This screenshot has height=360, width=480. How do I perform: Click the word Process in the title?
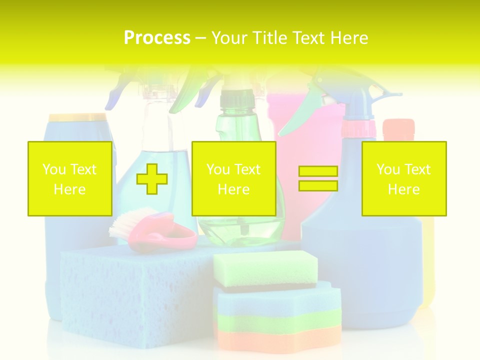[157, 38]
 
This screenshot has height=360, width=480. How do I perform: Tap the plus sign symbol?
[152, 178]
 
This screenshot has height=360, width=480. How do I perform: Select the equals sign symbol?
[318, 178]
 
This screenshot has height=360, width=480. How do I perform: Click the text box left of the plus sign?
[70, 178]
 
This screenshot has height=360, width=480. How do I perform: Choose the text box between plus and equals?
[233, 178]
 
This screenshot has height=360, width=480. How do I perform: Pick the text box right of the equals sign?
[404, 178]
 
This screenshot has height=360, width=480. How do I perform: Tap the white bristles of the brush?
[125, 220]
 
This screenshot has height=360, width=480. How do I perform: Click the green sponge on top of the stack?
[265, 267]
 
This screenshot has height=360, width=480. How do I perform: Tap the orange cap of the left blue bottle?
[77, 117]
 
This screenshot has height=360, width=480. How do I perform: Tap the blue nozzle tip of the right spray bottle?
[395, 94]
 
